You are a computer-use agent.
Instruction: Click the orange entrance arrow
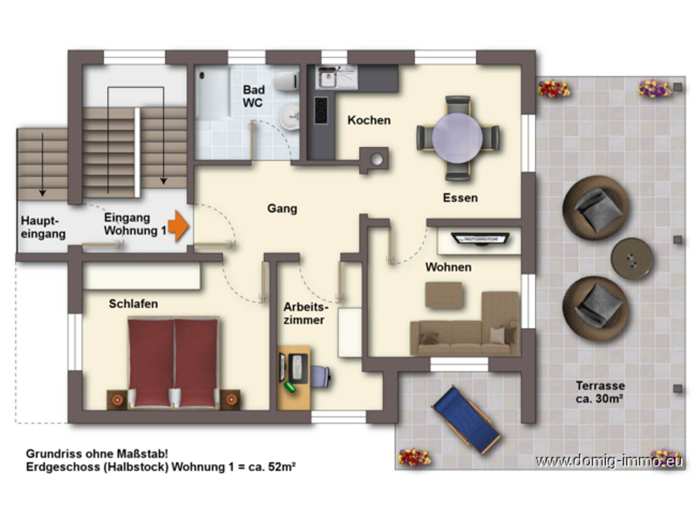179,226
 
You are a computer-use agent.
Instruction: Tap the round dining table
457,138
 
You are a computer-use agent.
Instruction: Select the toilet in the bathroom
286,81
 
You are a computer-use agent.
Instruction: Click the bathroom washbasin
289,117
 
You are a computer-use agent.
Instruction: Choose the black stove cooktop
321,110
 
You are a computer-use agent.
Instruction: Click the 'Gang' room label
282,208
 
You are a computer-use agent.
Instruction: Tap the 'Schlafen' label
133,304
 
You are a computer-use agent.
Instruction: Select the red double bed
173,362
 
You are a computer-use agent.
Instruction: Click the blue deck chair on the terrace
466,420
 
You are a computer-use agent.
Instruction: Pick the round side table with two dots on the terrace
632,258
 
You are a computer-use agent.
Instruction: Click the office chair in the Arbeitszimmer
320,377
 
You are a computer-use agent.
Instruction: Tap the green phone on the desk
290,387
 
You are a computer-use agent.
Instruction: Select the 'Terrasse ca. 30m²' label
600,392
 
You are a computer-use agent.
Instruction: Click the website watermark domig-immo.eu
609,461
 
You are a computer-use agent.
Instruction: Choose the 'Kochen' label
369,120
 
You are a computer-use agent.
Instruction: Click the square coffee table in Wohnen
444,295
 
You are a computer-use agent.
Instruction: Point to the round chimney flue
377,159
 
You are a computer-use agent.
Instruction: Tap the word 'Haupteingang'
43,227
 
